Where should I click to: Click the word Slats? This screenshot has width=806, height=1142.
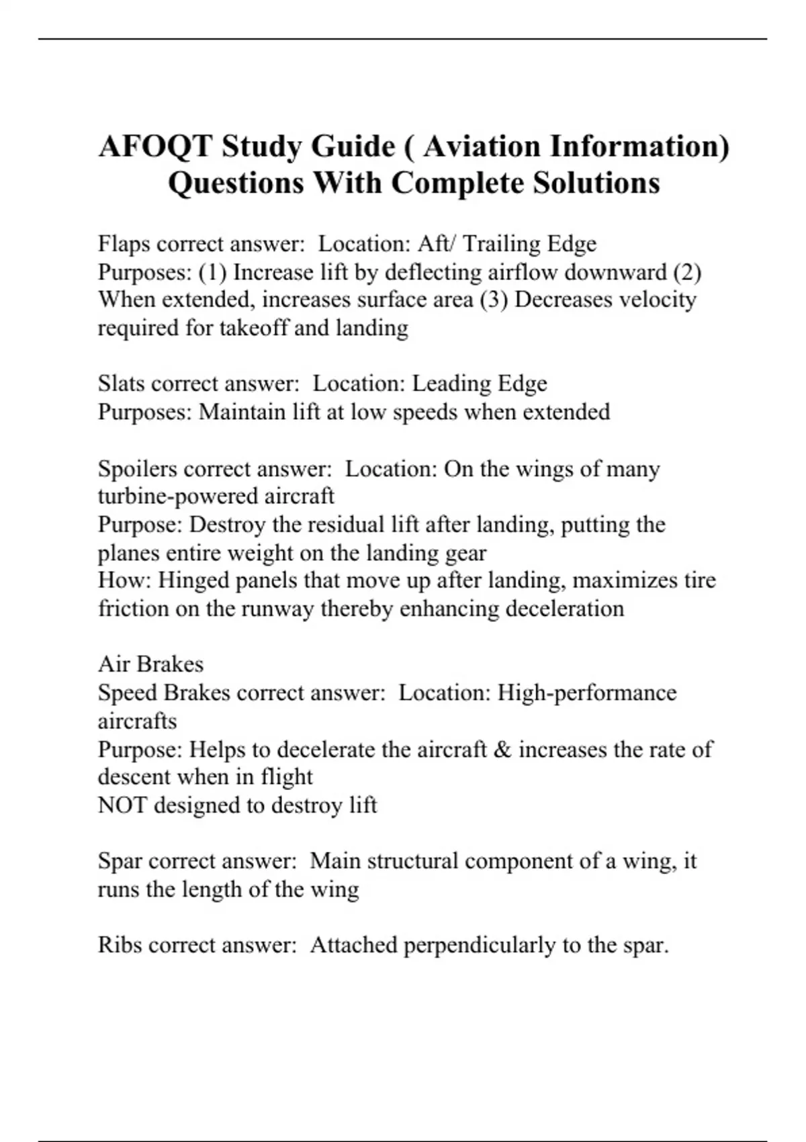121,384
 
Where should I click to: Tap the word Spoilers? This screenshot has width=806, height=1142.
137,468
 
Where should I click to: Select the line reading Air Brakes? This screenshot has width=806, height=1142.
150,664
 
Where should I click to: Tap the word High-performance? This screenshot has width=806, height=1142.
586,693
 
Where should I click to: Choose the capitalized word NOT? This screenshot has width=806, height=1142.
122,805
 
